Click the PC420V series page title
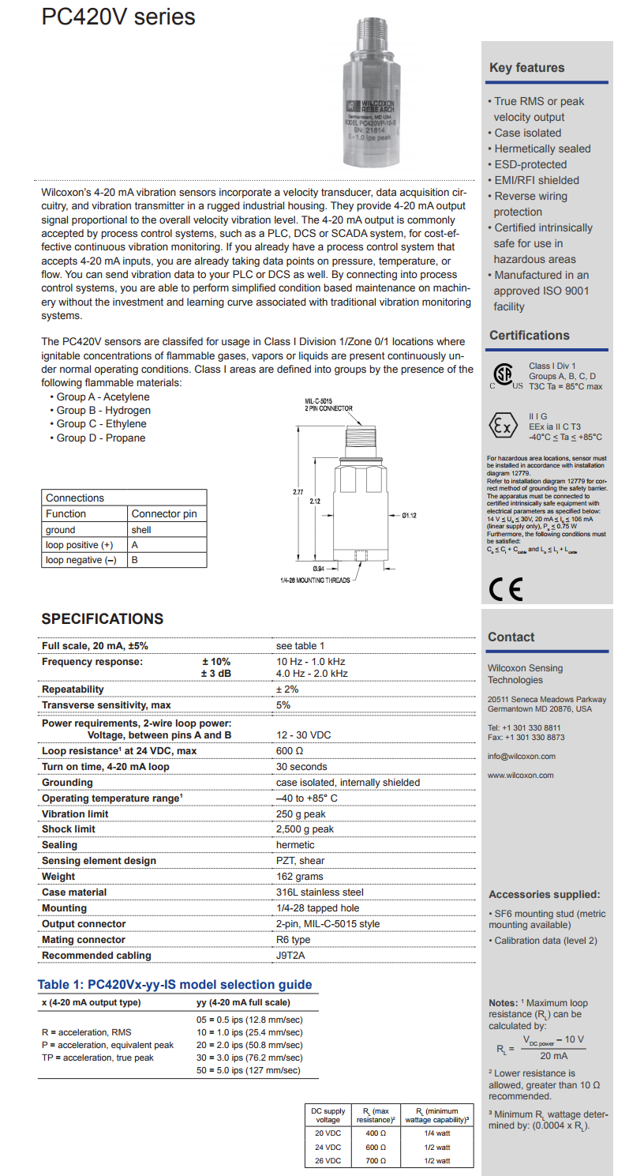[118, 17]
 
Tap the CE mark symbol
[505, 588]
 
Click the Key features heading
[526, 68]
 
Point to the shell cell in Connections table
[142, 530]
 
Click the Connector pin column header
[164, 514]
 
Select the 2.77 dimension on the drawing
[298, 493]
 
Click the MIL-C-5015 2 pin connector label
[328, 405]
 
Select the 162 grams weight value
[299, 877]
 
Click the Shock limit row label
[69, 829]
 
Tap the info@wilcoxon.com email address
[521, 757]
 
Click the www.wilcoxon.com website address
[520, 776]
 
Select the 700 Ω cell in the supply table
[376, 1160]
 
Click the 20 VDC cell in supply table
[328, 1133]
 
